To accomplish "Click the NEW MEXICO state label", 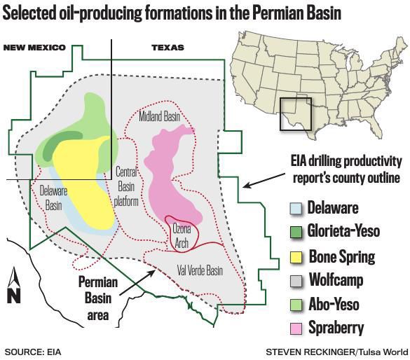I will (x=34, y=48).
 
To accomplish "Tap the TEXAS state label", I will (x=168, y=48).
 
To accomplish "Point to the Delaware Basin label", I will (x=50, y=198).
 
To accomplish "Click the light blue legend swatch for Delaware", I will (x=296, y=208).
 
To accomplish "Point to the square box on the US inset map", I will (x=295, y=113).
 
